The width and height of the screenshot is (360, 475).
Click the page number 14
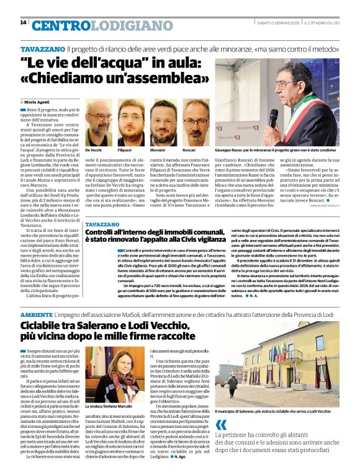(23, 22)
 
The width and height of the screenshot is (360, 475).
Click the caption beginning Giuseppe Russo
(286, 151)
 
